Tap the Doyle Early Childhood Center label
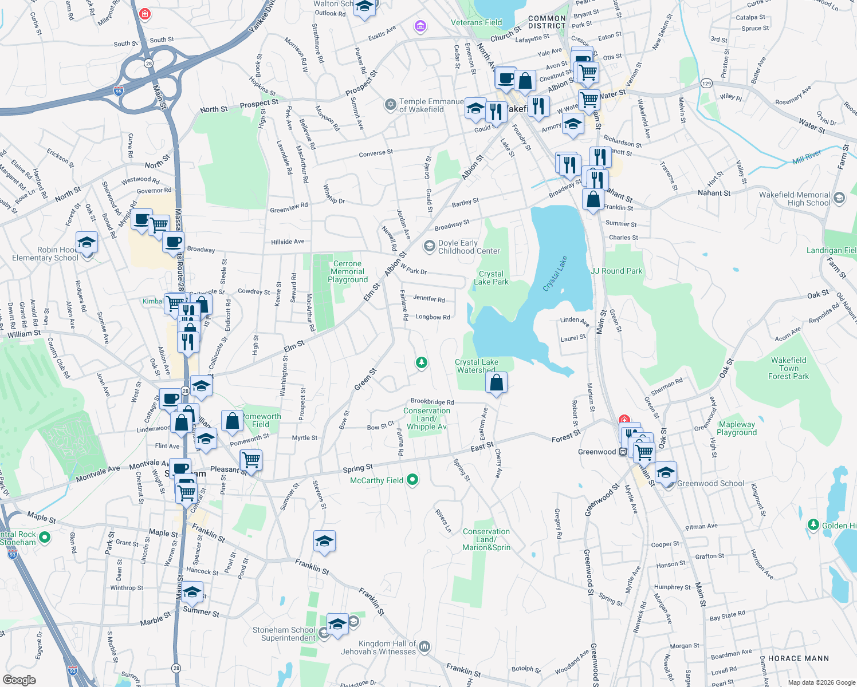pyautogui.click(x=469, y=247)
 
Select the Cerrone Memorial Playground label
pyautogui.click(x=347, y=271)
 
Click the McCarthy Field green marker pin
pyautogui.click(x=412, y=480)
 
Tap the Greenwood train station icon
pyautogui.click(x=623, y=452)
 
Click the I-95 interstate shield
pyautogui.click(x=119, y=91)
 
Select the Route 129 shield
pyautogui.click(x=706, y=84)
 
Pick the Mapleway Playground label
pyautogui.click(x=737, y=428)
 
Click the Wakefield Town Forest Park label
pyautogui.click(x=788, y=368)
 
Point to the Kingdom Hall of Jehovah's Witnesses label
pyautogui.click(x=387, y=647)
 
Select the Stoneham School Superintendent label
pyautogui.click(x=284, y=634)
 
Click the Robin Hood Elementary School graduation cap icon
pyautogui.click(x=87, y=243)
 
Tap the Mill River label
pyautogui.click(x=807, y=157)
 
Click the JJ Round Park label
pyautogui.click(x=616, y=271)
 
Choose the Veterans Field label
pyautogui.click(x=476, y=22)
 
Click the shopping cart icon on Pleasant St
pyautogui.click(x=251, y=459)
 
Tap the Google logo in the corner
pyautogui.click(x=19, y=680)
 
